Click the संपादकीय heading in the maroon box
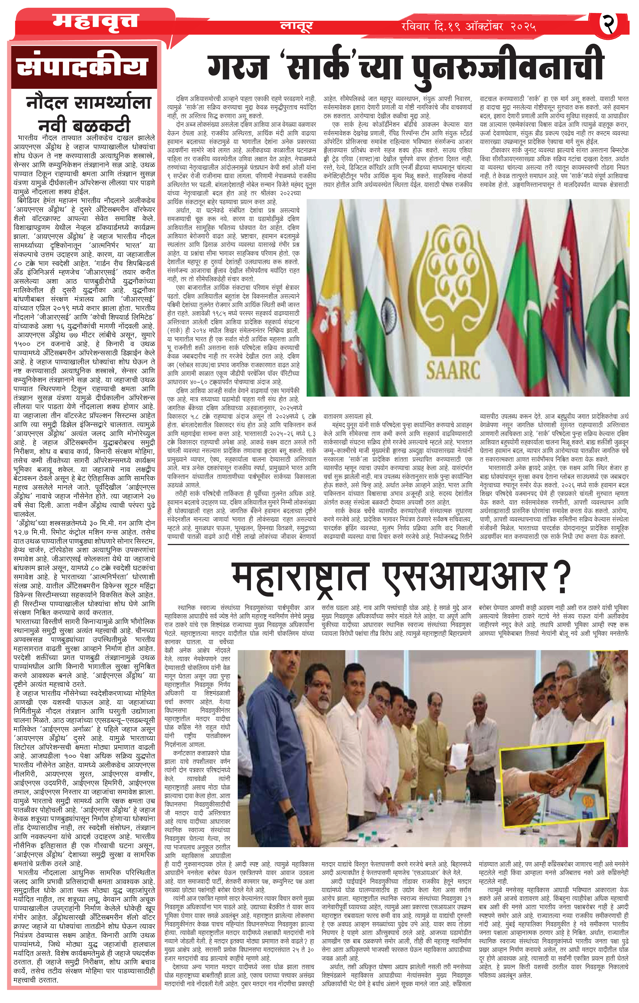point(82,67)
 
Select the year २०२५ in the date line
point(523,27)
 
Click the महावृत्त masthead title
point(95,21)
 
